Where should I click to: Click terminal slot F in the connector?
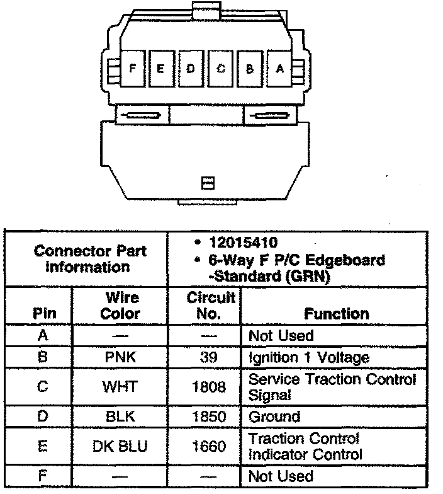point(132,68)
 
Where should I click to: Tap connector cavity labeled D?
point(191,68)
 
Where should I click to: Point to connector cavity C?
point(221,68)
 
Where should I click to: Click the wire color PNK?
point(120,357)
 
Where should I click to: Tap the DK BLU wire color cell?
point(120,446)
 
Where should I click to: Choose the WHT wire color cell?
point(120,387)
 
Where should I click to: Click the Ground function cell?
point(275,416)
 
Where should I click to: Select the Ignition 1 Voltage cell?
point(309,357)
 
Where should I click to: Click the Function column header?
point(336,313)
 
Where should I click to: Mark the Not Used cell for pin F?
point(281,476)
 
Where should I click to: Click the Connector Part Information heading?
point(90,258)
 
